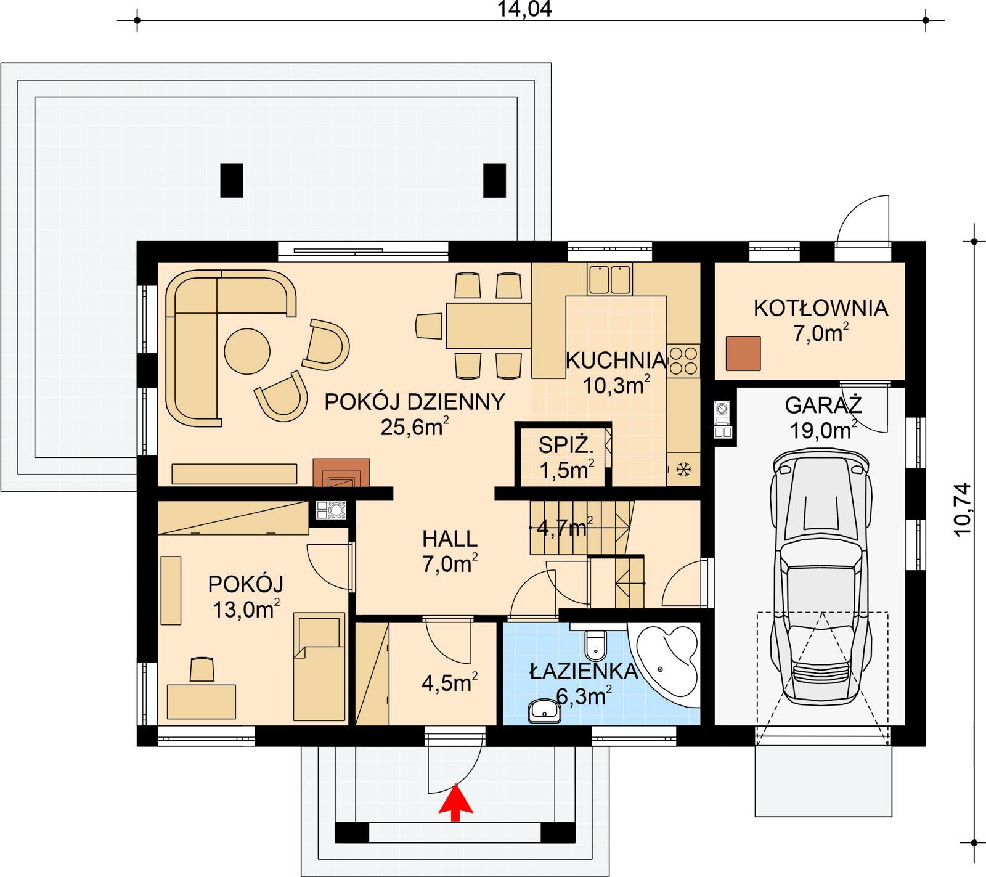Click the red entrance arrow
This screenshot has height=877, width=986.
455,801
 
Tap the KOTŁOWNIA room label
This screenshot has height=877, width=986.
820,308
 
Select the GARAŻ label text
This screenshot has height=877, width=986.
823,406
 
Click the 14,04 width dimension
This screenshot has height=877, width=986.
524,9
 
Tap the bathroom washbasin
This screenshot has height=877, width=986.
545,711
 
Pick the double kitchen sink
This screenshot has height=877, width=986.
609,279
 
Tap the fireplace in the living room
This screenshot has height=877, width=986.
341,473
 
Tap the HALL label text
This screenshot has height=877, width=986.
449,539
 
